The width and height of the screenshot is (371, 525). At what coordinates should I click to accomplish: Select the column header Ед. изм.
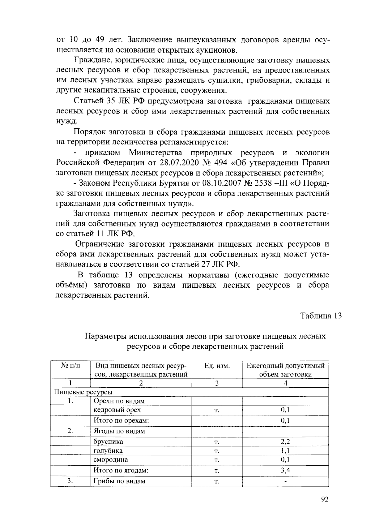217,366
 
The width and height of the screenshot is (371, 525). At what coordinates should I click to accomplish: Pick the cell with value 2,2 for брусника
285,441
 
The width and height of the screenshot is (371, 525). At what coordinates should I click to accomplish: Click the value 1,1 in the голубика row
285,451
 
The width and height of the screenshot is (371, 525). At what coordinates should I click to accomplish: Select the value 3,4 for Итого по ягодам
285,471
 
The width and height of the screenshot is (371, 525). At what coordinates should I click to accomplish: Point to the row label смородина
111,460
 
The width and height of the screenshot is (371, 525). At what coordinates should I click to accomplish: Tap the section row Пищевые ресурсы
83,392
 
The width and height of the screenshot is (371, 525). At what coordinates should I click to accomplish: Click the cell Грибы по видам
119,481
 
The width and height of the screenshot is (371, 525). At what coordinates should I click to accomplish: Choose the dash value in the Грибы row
285,481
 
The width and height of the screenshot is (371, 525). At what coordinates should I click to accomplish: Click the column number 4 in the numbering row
285,383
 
